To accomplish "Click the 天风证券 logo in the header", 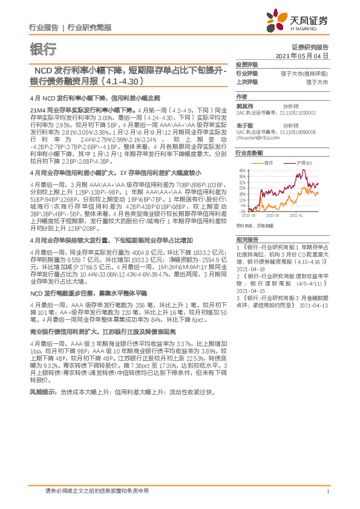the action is click(x=305, y=22).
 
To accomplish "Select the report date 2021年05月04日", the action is click(x=303, y=55).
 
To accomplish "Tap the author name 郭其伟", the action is click(x=244, y=106).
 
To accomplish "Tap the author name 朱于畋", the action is click(x=244, y=125).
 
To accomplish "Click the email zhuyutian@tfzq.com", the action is click(x=257, y=137).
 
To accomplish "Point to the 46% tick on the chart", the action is click(x=241, y=170).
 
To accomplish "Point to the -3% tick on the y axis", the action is click(x=241, y=211).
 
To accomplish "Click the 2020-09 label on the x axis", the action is click(x=272, y=215).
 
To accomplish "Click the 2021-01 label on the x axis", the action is click(x=296, y=215).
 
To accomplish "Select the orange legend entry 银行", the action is click(x=266, y=163).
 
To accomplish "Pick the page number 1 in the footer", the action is click(x=327, y=491).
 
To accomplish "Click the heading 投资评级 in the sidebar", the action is click(x=247, y=64).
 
